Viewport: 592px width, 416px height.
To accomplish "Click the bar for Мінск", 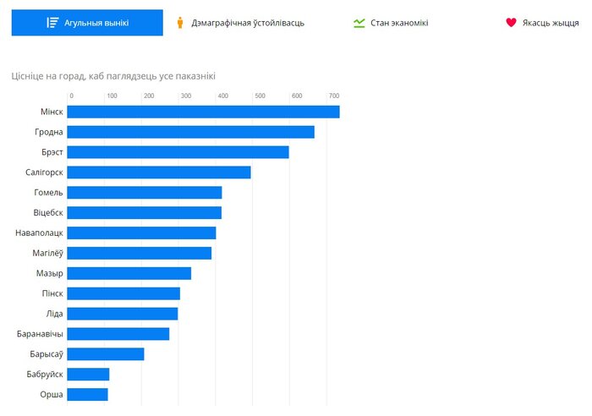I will coord(203,112).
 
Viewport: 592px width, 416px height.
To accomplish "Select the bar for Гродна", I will coord(190,132).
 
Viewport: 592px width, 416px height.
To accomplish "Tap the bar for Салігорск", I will coord(159,172).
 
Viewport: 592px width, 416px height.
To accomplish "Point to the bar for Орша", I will coord(87,394).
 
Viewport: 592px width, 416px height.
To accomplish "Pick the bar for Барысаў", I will coord(106,353).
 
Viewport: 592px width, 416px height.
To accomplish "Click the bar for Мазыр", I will coord(129,273).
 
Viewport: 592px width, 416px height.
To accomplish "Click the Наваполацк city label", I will coord(39,233).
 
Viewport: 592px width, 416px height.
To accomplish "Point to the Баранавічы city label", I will coord(40,334).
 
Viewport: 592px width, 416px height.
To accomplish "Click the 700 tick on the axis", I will coord(335,96).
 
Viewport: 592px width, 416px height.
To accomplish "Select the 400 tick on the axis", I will coord(222,96).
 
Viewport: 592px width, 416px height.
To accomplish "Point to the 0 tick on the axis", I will coord(71,96).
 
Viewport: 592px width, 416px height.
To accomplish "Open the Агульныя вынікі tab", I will coord(87,23).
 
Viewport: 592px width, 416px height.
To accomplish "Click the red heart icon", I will coord(511,23).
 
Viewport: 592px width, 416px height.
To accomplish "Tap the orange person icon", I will coord(179,23).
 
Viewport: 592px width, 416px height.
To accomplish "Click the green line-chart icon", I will coord(359,23).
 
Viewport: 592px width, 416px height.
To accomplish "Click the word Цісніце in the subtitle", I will coord(29,76).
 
